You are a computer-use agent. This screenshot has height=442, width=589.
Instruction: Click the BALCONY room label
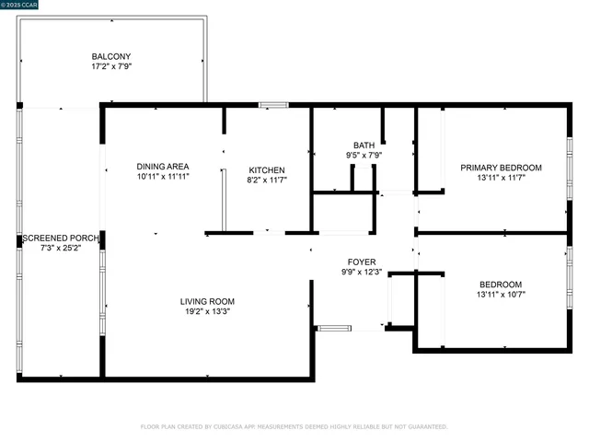click(x=110, y=56)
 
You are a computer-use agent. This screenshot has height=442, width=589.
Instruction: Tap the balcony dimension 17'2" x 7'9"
click(x=110, y=67)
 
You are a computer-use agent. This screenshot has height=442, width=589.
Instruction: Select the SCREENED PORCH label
click(x=60, y=237)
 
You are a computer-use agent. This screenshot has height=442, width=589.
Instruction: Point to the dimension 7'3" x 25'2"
click(x=60, y=248)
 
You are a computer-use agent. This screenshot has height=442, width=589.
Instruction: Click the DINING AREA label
click(x=163, y=166)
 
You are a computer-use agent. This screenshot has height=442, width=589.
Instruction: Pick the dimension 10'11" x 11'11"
click(x=163, y=176)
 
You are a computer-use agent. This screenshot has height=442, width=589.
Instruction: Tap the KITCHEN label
click(x=267, y=169)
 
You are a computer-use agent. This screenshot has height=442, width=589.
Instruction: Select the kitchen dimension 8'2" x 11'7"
click(x=267, y=180)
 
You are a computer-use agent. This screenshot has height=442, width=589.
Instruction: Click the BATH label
click(x=364, y=145)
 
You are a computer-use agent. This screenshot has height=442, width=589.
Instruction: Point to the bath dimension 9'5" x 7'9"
click(x=364, y=156)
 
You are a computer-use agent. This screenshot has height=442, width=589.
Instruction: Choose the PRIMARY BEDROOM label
click(x=501, y=168)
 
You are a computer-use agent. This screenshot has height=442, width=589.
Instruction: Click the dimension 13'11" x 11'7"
click(x=501, y=179)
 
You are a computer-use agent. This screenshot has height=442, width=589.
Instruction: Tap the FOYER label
click(x=360, y=262)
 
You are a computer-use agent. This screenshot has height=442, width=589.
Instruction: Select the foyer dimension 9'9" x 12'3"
click(x=360, y=273)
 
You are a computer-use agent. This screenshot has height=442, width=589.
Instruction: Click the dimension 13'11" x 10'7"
click(x=501, y=295)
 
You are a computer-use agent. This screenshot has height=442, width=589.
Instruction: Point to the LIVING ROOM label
click(x=206, y=301)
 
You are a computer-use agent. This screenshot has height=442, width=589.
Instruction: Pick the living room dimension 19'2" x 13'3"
click(x=206, y=312)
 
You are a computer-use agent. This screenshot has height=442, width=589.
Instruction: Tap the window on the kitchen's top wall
click(x=273, y=106)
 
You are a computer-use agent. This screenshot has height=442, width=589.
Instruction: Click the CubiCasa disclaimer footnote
click(x=294, y=426)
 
